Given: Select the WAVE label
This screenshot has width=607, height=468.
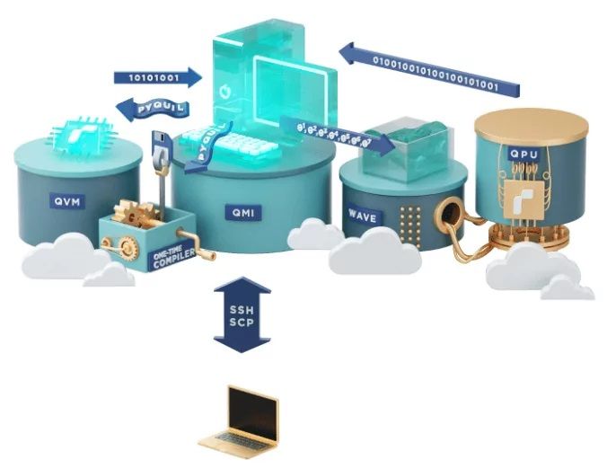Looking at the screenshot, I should pyautogui.click(x=364, y=215).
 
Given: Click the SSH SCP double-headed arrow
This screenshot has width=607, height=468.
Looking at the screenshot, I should pyautogui.click(x=242, y=315).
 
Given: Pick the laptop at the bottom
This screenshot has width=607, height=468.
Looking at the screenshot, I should pyautogui.click(x=240, y=422).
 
